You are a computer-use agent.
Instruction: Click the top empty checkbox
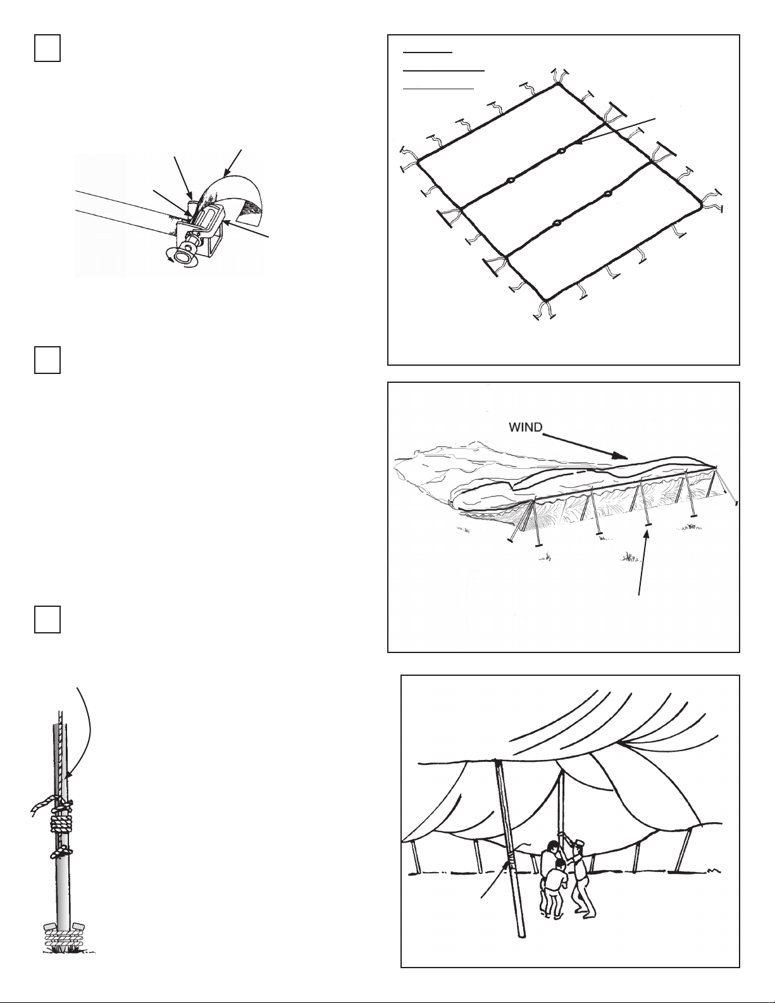pyautogui.click(x=47, y=49)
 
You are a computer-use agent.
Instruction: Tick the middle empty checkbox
pyautogui.click(x=47, y=360)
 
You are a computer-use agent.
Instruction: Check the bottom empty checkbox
pyautogui.click(x=47, y=620)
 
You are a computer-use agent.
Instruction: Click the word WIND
pyautogui.click(x=526, y=427)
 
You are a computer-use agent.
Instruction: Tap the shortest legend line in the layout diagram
pyautogui.click(x=428, y=53)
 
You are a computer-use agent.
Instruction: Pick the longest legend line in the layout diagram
pyautogui.click(x=443, y=71)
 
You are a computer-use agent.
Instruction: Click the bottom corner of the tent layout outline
pyautogui.click(x=545, y=299)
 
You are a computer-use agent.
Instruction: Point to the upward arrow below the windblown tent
pyautogui.click(x=644, y=563)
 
